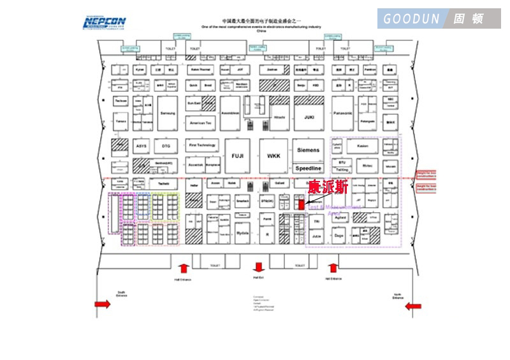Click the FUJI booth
coord(237,156)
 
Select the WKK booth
coord(273,156)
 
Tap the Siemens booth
coord(309,150)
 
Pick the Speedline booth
coord(309,168)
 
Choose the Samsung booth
coord(167,113)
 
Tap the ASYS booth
coord(141,146)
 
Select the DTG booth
coord(166,146)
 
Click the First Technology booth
coord(202,145)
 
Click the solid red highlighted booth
coord(302,205)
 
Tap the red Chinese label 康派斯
coord(328,187)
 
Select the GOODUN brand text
coord(411,18)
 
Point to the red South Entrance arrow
coord(103,305)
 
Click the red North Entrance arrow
coord(414,306)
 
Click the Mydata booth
coord(242,233)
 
